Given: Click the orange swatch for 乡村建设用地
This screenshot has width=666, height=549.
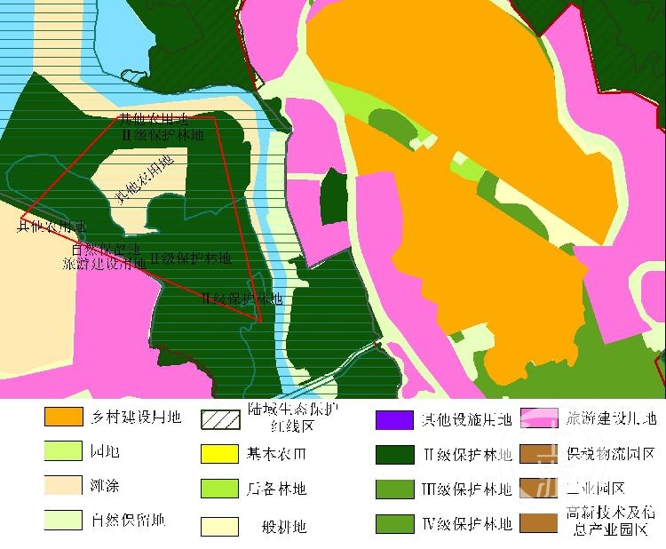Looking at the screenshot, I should click(65, 416).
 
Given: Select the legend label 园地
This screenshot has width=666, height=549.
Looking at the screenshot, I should click(106, 452).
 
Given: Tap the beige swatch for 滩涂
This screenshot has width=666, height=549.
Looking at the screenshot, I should click(65, 485).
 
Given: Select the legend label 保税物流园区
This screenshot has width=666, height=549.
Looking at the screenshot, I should click(610, 454).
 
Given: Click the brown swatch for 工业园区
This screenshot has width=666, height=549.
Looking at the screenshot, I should click(539, 488).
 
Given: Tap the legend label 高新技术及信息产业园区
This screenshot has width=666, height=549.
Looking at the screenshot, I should click(610, 522).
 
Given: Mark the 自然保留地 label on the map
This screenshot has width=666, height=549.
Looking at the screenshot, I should click(106, 249).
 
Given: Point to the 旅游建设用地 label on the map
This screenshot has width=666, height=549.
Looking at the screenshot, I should click(104, 263).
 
